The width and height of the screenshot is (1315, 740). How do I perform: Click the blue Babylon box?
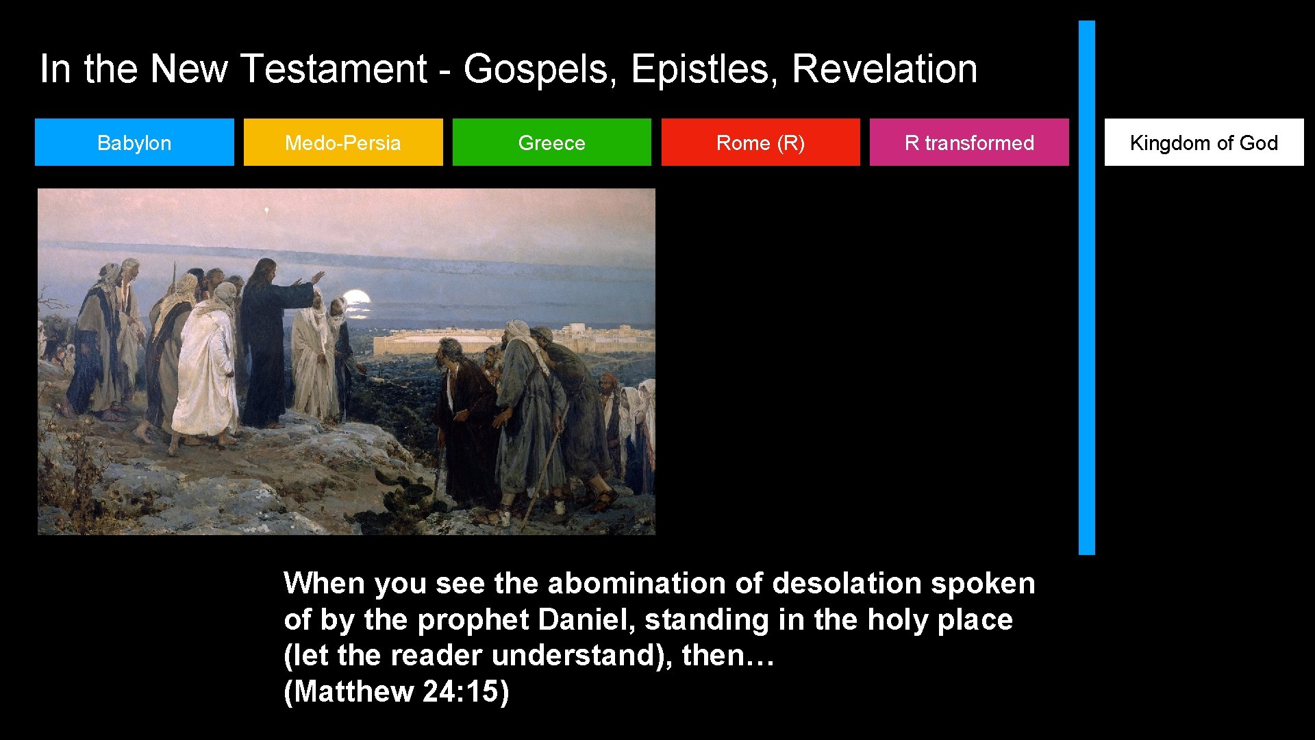134,143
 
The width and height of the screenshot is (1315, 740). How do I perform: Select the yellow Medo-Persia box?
343,143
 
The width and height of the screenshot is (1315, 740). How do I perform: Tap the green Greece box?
552,143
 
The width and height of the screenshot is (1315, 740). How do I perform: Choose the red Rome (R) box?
760,143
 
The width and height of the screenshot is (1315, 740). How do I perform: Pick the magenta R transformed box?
969,143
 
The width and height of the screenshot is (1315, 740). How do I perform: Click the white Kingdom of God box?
1204,143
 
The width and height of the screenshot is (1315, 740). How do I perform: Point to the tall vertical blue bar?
1087,288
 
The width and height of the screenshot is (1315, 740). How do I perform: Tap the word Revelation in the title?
884,69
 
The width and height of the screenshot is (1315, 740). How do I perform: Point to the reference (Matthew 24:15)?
397,691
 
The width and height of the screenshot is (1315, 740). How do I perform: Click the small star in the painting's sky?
266,210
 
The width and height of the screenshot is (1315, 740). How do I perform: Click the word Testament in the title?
334,69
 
